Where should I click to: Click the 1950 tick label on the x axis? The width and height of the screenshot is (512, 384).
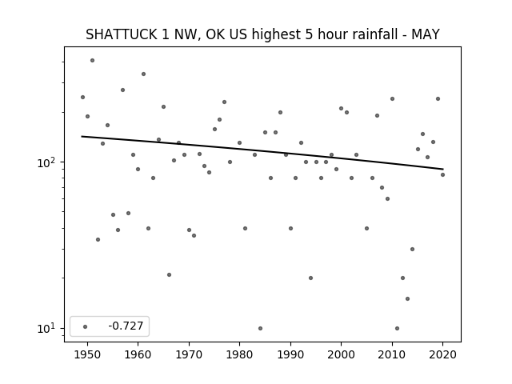pos(87,354)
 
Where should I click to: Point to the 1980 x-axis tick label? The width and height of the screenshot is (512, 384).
pos(239,354)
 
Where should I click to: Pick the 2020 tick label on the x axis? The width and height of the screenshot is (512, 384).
pos(442,354)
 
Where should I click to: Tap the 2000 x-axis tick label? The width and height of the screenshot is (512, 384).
pos(341,354)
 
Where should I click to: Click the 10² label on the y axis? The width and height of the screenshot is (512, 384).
pos(48,162)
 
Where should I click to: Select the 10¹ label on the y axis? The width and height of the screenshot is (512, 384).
pos(48,328)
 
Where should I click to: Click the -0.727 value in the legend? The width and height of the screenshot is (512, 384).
pos(126,326)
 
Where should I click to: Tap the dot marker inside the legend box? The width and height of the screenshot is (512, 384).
pos(85,326)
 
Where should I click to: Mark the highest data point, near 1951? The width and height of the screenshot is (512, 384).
pos(93,61)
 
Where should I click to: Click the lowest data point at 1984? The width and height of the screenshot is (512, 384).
pos(260,328)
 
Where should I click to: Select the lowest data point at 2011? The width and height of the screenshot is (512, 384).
pos(397,328)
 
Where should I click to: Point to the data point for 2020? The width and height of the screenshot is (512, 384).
pos(442,174)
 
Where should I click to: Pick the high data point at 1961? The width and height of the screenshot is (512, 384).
pos(143,74)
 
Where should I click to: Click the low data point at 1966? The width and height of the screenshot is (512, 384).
pos(169,274)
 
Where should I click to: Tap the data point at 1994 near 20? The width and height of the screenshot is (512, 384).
pos(311,278)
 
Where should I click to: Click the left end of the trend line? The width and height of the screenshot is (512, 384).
pos(82,136)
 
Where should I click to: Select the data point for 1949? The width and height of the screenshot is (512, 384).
pos(82,97)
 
